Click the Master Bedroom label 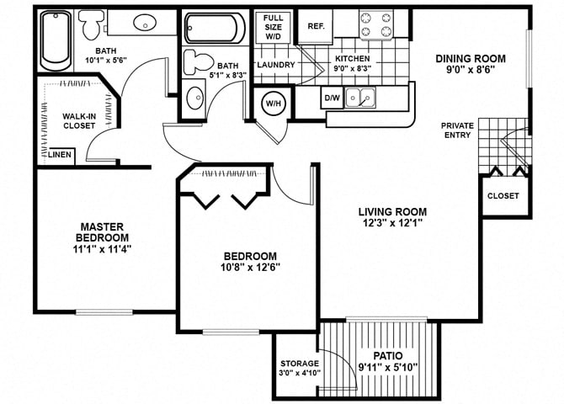coord(103,231)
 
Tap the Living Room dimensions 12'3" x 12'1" coord(392,224)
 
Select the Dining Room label coord(471,58)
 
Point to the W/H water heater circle coord(274,104)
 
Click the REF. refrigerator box coord(317,26)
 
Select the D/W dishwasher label coord(333,98)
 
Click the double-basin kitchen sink coord(363,98)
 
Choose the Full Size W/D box coord(273,27)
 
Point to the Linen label coord(60,155)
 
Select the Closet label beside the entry coord(503,196)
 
